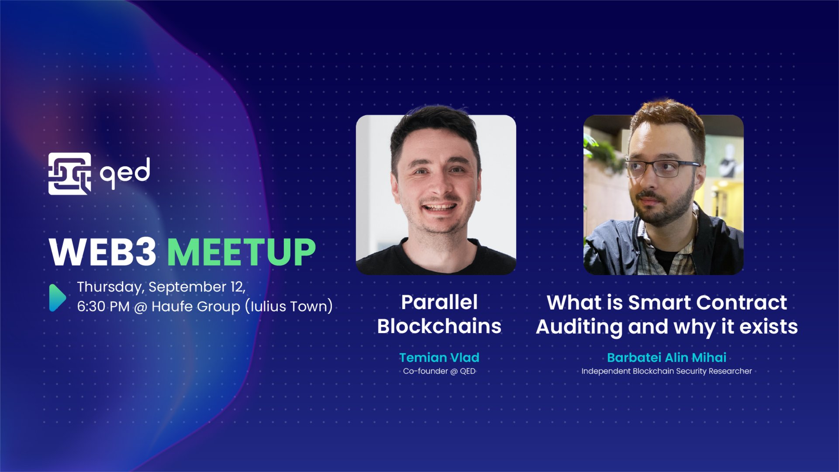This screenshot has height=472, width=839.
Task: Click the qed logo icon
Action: (69, 173)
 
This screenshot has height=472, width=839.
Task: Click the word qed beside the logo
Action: (125, 173)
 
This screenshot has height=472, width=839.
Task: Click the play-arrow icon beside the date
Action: (57, 297)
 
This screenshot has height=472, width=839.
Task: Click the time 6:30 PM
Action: (103, 307)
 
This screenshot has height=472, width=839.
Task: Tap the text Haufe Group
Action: (195, 307)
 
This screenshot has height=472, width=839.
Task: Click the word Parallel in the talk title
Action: (439, 302)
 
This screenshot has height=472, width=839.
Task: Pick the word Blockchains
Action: (439, 326)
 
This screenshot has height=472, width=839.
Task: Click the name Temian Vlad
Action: (439, 358)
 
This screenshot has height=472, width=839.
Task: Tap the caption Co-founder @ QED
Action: (439, 371)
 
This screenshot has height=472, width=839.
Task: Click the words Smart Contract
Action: (708, 302)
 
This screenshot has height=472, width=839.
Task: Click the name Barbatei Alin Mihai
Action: (666, 358)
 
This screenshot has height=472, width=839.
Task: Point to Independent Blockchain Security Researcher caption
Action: (666, 371)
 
